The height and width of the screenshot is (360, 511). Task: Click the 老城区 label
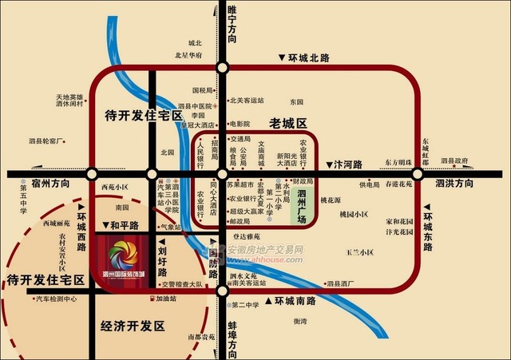click(288, 124)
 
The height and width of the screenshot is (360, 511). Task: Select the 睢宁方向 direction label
click(232, 24)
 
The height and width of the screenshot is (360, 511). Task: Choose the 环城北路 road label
click(307, 57)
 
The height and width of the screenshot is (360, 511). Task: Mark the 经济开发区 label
click(133, 326)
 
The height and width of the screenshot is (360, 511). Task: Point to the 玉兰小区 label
click(359, 252)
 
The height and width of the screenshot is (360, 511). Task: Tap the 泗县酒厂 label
click(341, 283)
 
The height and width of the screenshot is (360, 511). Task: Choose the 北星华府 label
click(188, 55)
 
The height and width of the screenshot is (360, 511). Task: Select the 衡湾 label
click(299, 321)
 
